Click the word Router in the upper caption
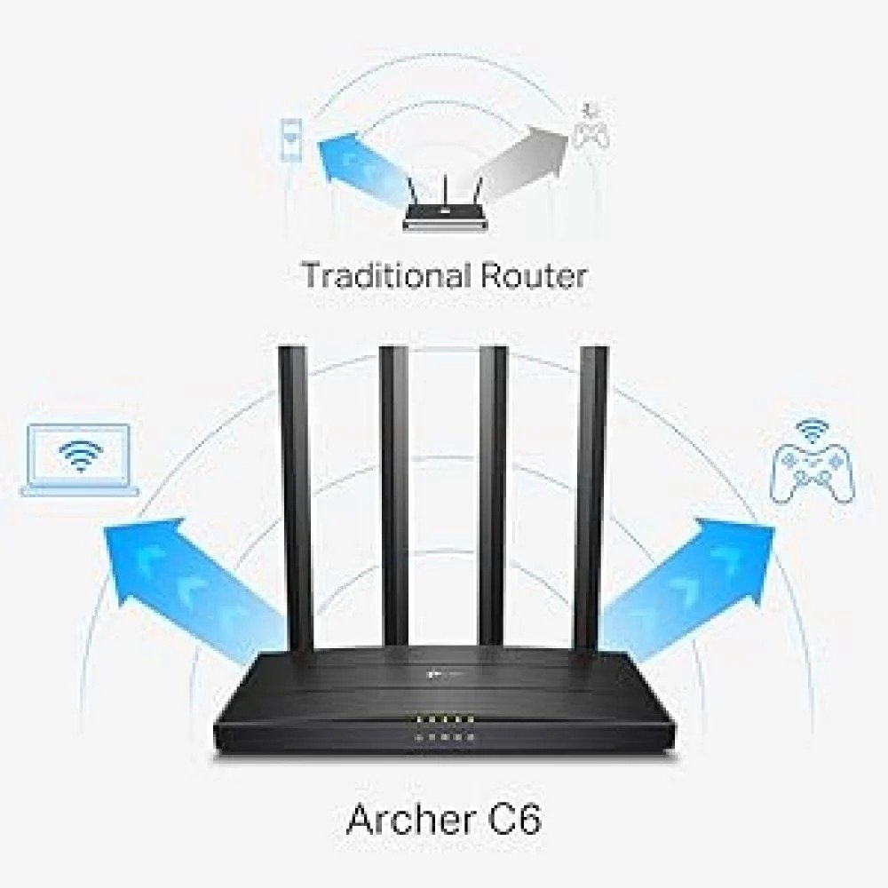point(534,276)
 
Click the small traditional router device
point(444,204)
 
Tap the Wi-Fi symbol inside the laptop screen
point(82,455)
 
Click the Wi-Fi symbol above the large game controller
point(813,430)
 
